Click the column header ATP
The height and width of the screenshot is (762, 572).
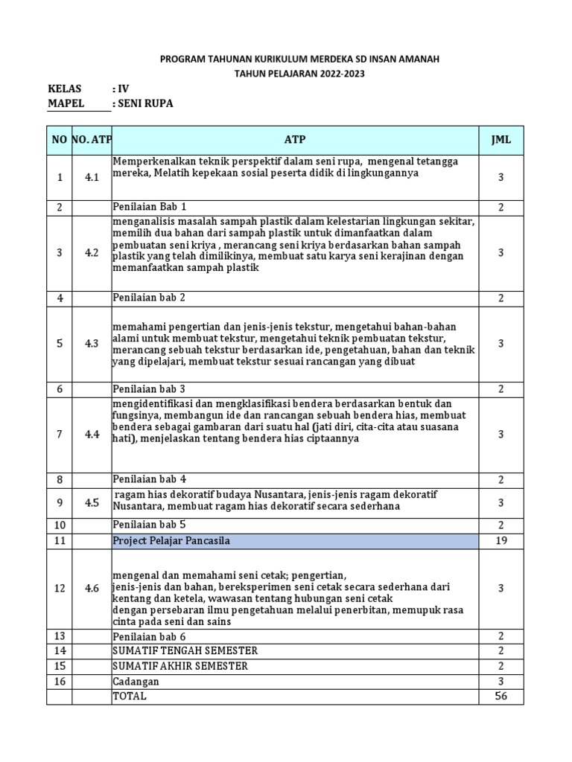tap(295, 140)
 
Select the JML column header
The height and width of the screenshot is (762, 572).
tap(501, 140)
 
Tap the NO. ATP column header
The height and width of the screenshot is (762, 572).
tap(91, 140)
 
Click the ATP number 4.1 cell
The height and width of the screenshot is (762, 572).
tap(91, 178)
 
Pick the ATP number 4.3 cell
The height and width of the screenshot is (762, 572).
tap(91, 343)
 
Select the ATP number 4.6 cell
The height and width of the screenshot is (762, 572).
tap(91, 588)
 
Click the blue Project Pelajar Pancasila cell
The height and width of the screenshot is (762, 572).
tap(295, 541)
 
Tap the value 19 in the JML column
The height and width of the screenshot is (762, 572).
tap(501, 541)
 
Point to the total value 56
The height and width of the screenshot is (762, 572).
tap(501, 696)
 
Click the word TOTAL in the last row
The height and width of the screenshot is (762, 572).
tap(130, 696)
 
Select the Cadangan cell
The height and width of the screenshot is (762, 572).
tap(135, 681)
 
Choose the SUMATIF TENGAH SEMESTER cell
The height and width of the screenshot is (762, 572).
tap(185, 650)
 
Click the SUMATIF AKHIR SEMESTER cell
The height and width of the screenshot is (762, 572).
tap(179, 665)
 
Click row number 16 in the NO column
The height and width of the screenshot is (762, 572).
tap(59, 681)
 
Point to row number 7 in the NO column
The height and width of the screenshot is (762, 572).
tap(59, 434)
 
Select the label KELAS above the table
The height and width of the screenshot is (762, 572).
tap(65, 89)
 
